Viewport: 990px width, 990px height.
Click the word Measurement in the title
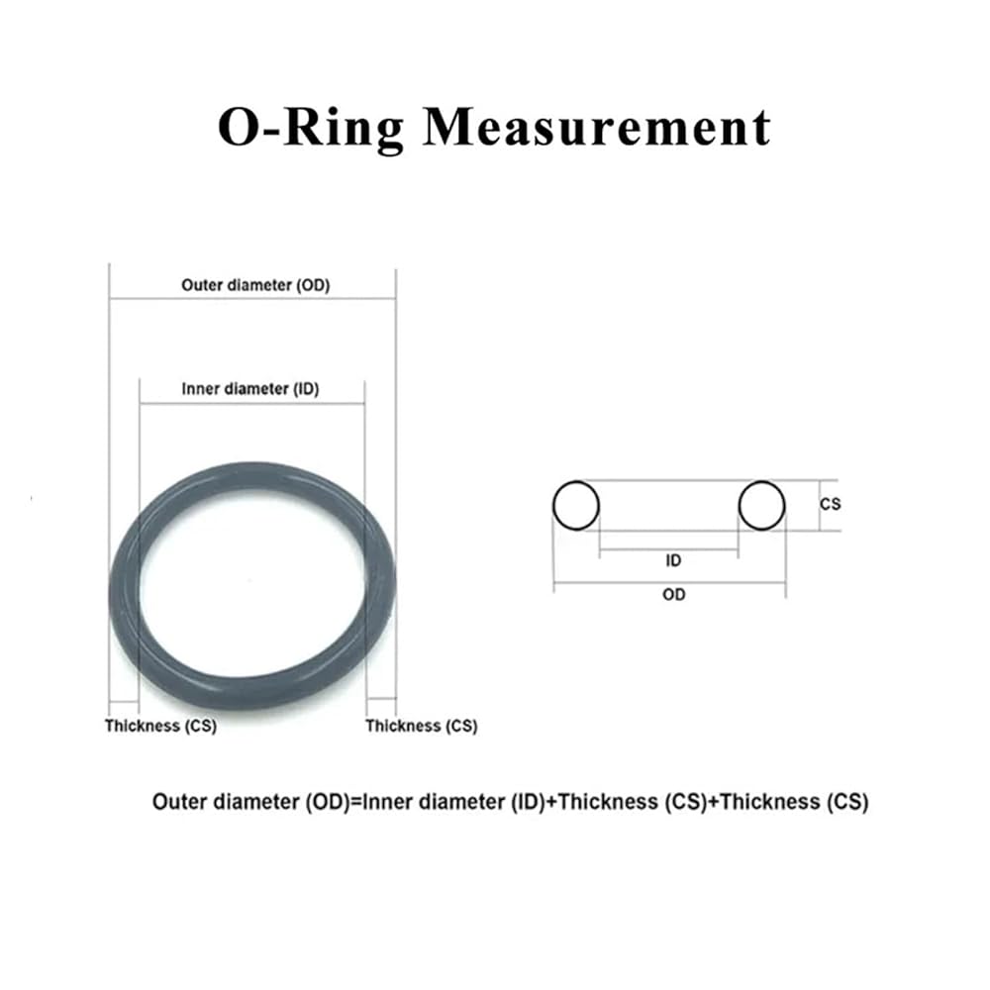click(597, 128)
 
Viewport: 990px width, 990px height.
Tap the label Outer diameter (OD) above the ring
click(255, 285)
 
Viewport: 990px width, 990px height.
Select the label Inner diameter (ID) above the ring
click(250, 389)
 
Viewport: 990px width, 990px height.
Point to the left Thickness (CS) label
click(160, 726)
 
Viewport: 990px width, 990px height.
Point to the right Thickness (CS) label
click(421, 726)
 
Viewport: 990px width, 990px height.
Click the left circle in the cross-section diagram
click(576, 505)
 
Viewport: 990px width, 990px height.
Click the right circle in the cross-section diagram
click(761, 505)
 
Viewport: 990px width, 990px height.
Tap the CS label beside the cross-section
click(831, 504)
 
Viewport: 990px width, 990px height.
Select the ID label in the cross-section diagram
click(673, 560)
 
